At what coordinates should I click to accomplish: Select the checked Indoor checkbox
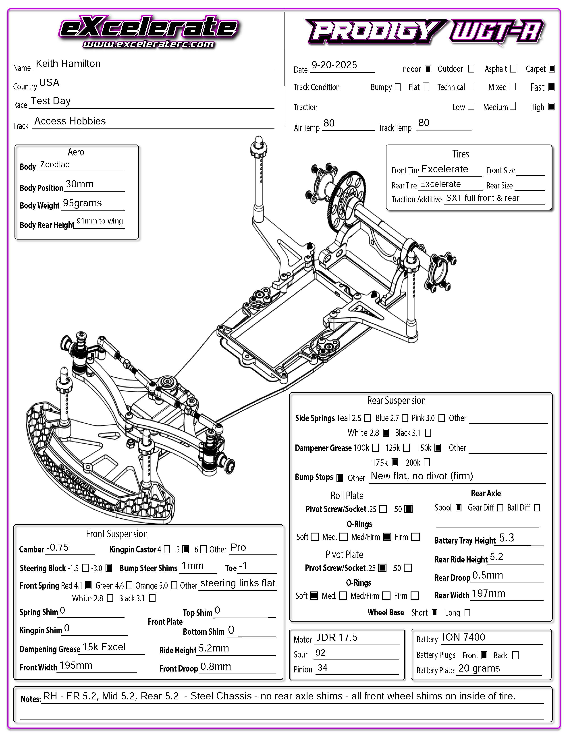(x=428, y=69)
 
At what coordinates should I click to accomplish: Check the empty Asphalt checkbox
(x=513, y=69)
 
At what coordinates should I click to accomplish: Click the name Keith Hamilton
(x=68, y=64)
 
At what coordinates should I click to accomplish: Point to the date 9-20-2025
(x=334, y=65)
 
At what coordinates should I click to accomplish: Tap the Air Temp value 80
(x=329, y=123)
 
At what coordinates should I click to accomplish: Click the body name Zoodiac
(x=55, y=165)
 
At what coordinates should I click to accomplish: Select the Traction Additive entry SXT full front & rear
(x=482, y=198)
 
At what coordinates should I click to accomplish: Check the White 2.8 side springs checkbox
(x=386, y=433)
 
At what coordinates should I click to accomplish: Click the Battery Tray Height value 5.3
(x=506, y=538)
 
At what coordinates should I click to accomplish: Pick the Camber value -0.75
(x=57, y=548)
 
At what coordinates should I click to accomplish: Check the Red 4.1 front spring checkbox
(x=88, y=585)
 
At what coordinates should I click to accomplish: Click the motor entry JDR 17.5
(x=336, y=638)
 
